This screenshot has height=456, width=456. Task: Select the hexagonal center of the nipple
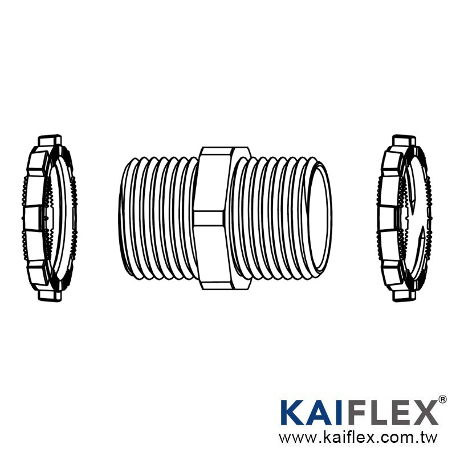pos(217,218)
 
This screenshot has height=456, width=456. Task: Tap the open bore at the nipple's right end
pos(320,218)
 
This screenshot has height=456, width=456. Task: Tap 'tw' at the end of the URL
pos(429,438)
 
